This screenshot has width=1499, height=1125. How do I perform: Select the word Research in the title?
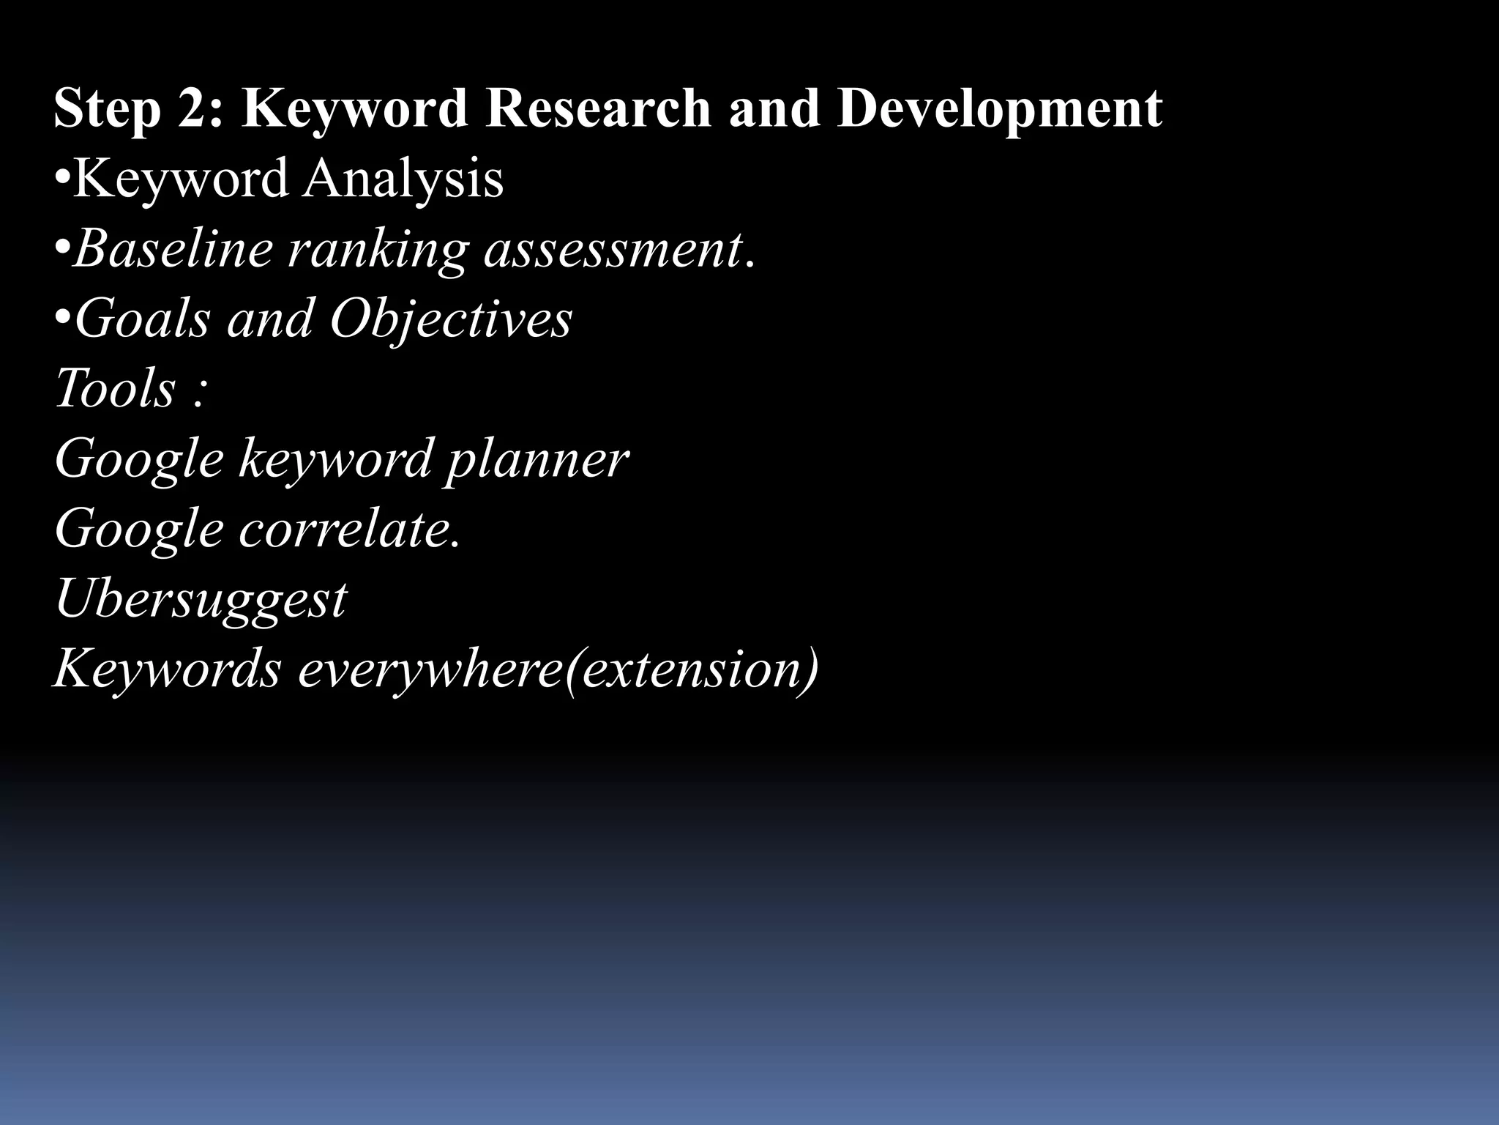coord(597,108)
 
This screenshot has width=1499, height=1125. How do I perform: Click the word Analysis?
coord(403,179)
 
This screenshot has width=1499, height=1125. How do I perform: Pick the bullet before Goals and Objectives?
coord(63,318)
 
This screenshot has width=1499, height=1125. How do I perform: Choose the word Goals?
coord(143,319)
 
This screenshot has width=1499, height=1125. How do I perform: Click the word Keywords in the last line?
coord(168,668)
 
